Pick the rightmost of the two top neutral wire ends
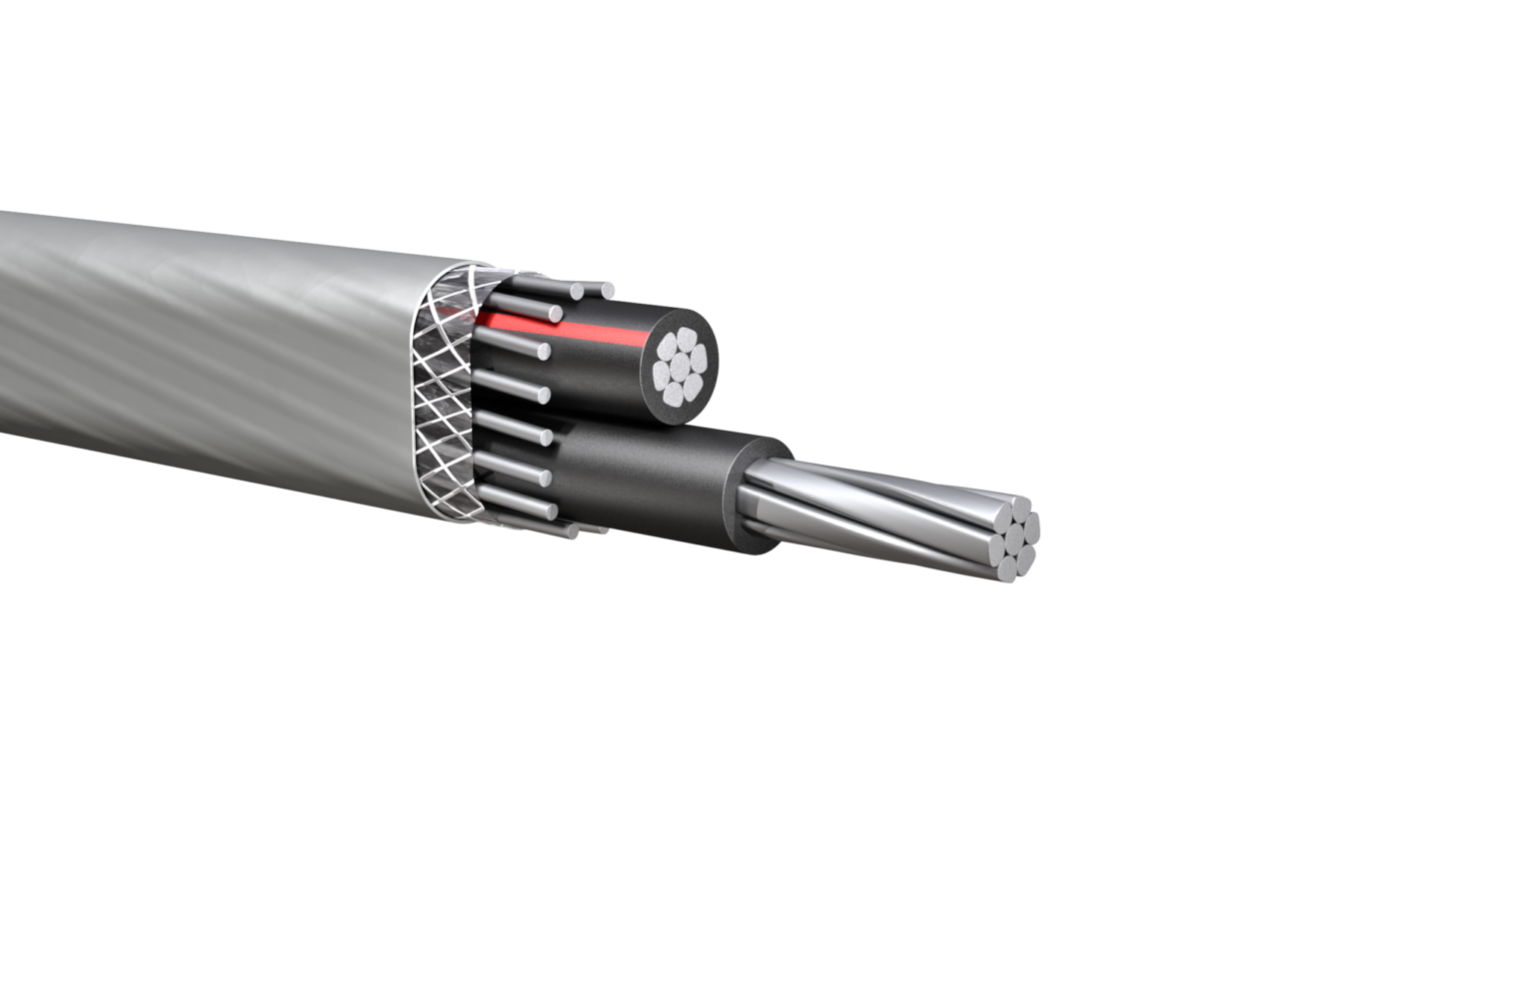pos(607,290)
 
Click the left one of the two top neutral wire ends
pos(578,291)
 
